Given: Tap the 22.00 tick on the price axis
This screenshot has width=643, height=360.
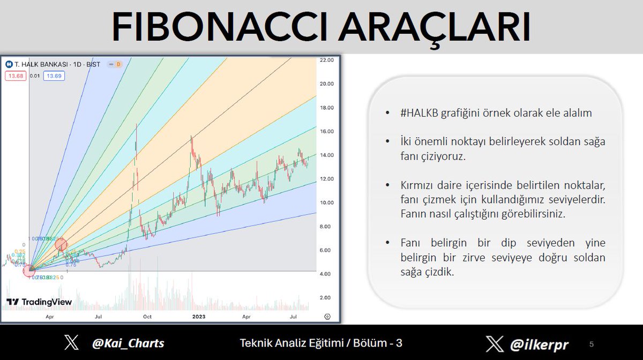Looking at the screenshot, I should click(x=326, y=60).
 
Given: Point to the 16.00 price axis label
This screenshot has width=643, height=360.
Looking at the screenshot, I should click(x=326, y=131).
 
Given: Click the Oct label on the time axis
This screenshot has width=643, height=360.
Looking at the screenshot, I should click(x=147, y=317).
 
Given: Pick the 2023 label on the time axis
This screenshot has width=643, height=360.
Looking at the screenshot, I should click(x=198, y=317).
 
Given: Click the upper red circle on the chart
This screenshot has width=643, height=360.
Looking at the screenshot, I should click(x=61, y=245).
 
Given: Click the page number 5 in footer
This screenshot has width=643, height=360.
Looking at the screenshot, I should click(x=592, y=343).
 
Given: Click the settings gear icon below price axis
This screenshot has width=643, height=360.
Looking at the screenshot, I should click(x=327, y=317).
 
